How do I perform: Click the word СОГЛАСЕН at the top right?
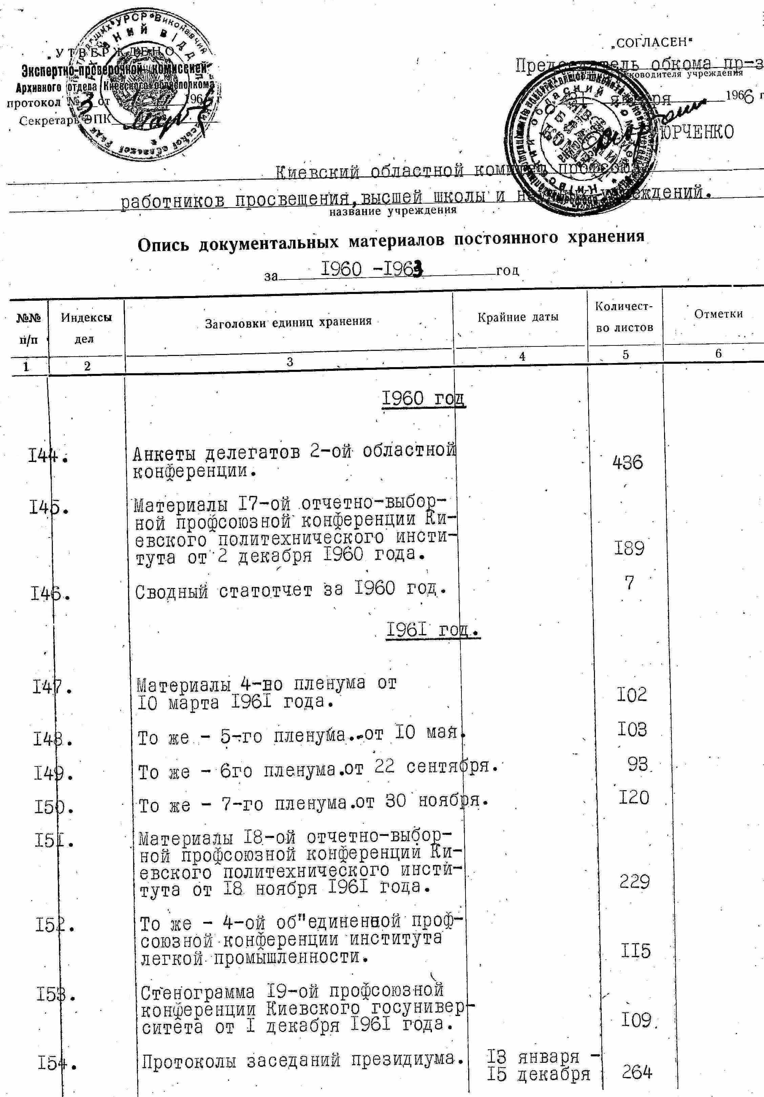(651, 43)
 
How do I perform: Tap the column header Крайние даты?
(518, 317)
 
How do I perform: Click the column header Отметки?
(718, 314)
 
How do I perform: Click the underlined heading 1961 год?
(432, 630)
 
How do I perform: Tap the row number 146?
(50, 594)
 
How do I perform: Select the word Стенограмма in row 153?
(198, 993)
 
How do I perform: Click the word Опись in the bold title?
(164, 245)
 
